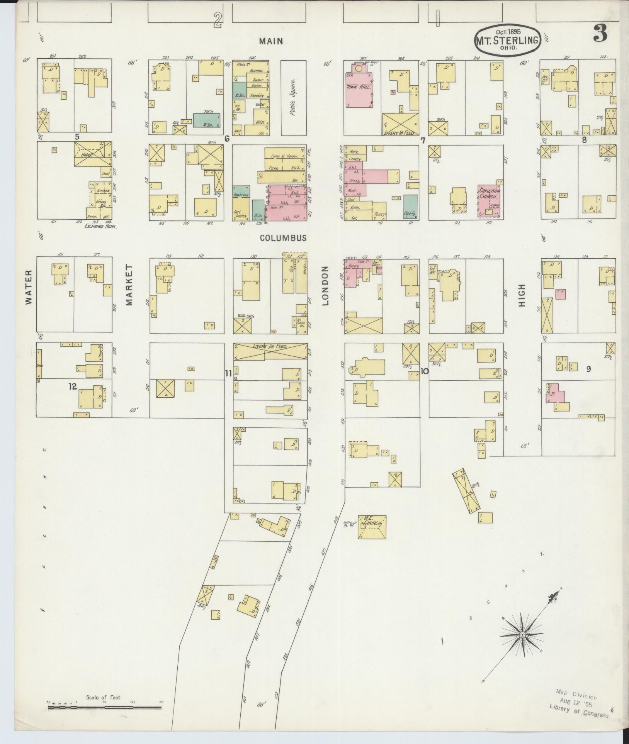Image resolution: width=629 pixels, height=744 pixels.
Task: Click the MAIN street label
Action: pos(271,41)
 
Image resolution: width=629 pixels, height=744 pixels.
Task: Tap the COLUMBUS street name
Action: pos(283,238)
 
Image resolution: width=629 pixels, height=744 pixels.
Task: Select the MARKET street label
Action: pos(129,285)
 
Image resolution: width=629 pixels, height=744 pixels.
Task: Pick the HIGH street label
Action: pos(522,295)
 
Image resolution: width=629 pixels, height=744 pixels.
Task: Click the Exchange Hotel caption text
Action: pos(100,227)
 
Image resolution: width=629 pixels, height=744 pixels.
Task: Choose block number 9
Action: pos(588,369)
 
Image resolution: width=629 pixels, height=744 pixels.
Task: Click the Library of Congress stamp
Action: pos(578,703)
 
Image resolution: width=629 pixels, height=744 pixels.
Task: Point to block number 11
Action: pos(228,373)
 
